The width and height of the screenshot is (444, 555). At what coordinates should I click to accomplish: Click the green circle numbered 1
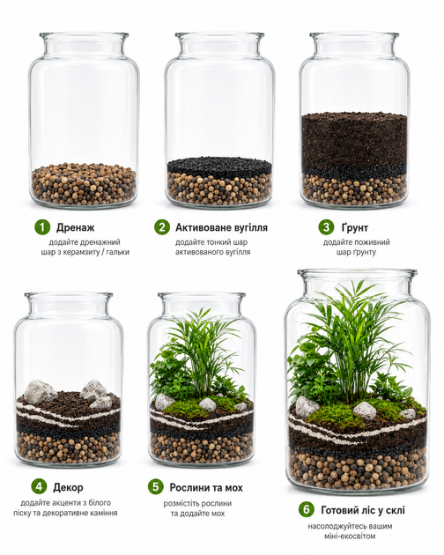42,227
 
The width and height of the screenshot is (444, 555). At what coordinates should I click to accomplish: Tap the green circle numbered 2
162,227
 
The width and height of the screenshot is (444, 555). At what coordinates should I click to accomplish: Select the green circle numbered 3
327,227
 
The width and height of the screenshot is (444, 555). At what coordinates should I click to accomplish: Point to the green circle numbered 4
40,486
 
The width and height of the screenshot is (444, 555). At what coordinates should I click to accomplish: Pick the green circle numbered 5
156,486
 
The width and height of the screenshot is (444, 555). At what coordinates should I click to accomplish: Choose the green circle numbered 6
307,510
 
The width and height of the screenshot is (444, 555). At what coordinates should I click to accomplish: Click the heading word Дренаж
76,227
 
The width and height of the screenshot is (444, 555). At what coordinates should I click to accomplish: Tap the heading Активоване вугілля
222,227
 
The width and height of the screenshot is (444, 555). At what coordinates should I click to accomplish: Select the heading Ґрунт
355,227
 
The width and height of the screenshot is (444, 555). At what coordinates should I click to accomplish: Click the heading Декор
69,487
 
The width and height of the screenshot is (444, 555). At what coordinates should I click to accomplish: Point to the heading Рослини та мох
206,488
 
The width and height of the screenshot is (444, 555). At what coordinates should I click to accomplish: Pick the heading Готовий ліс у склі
363,510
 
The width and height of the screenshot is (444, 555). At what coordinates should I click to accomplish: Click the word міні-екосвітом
349,536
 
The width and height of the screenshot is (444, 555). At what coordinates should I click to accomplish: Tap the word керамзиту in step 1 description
78,252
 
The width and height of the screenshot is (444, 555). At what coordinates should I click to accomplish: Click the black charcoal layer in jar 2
219,167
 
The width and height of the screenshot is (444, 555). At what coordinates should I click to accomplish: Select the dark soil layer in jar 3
354,142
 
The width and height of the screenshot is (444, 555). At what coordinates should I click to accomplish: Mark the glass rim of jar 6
358,272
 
